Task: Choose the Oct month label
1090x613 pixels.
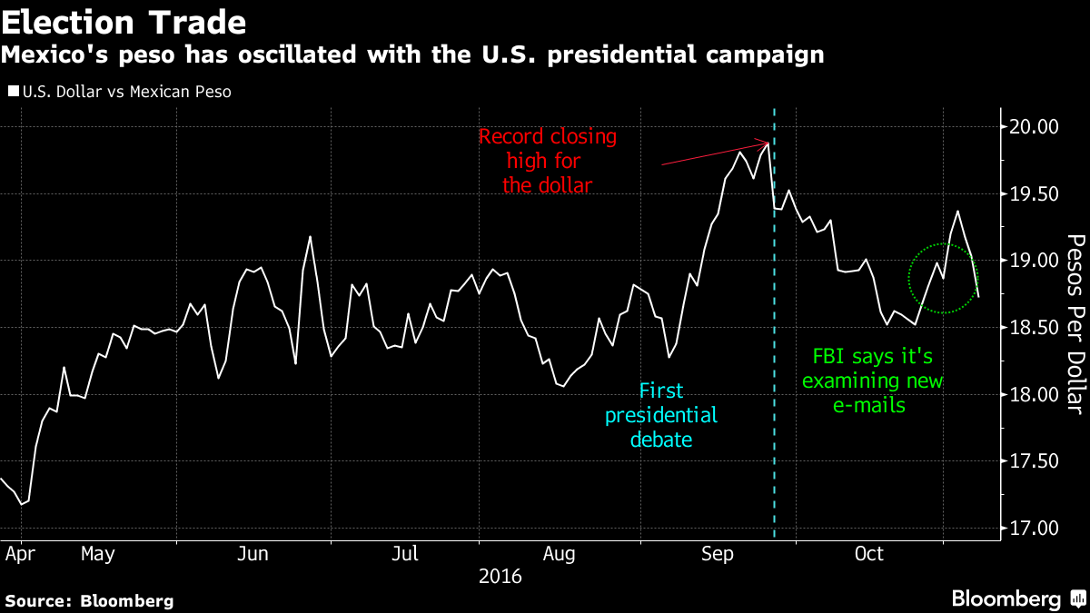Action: [869, 553]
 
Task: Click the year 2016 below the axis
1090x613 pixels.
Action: [500, 576]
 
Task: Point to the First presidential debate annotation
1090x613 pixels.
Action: [661, 416]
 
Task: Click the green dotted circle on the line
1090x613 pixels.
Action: [943, 279]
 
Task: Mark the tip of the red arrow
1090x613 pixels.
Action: [769, 143]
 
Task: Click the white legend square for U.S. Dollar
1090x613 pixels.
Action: [12, 92]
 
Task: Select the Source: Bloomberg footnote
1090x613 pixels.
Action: [89, 600]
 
